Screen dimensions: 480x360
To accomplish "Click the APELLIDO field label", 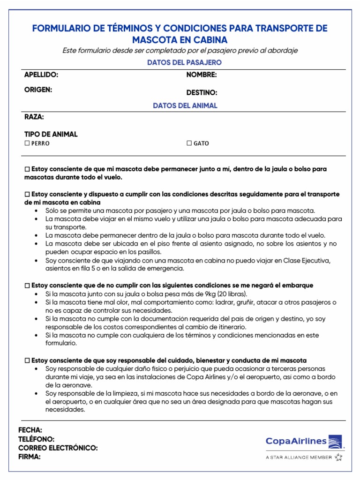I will click(x=41, y=75).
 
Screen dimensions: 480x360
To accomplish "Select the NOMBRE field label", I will click(x=202, y=75).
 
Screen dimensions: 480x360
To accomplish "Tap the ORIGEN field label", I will click(x=38, y=90).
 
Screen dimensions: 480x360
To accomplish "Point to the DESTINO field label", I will click(x=202, y=93).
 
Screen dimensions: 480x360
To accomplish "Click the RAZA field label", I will click(x=34, y=117).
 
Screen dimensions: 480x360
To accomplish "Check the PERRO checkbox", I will click(x=27, y=143).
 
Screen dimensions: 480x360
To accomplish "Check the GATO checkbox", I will click(x=189, y=143).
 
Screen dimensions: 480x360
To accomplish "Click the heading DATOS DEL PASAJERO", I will click(x=184, y=62).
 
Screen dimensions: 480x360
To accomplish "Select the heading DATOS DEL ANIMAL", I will click(x=185, y=105).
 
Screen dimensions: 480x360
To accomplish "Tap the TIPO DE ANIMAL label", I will click(x=51, y=134).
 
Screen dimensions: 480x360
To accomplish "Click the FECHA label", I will click(x=30, y=430).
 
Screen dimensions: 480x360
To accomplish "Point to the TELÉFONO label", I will click(x=37, y=439).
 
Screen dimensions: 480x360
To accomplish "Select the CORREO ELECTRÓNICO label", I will click(x=58, y=448).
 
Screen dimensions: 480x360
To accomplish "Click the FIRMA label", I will click(x=30, y=456).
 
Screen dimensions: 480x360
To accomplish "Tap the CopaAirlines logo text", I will click(x=296, y=441).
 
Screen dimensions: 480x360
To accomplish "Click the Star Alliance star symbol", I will click(x=338, y=457).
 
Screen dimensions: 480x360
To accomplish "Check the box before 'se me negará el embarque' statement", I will click(x=27, y=285).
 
